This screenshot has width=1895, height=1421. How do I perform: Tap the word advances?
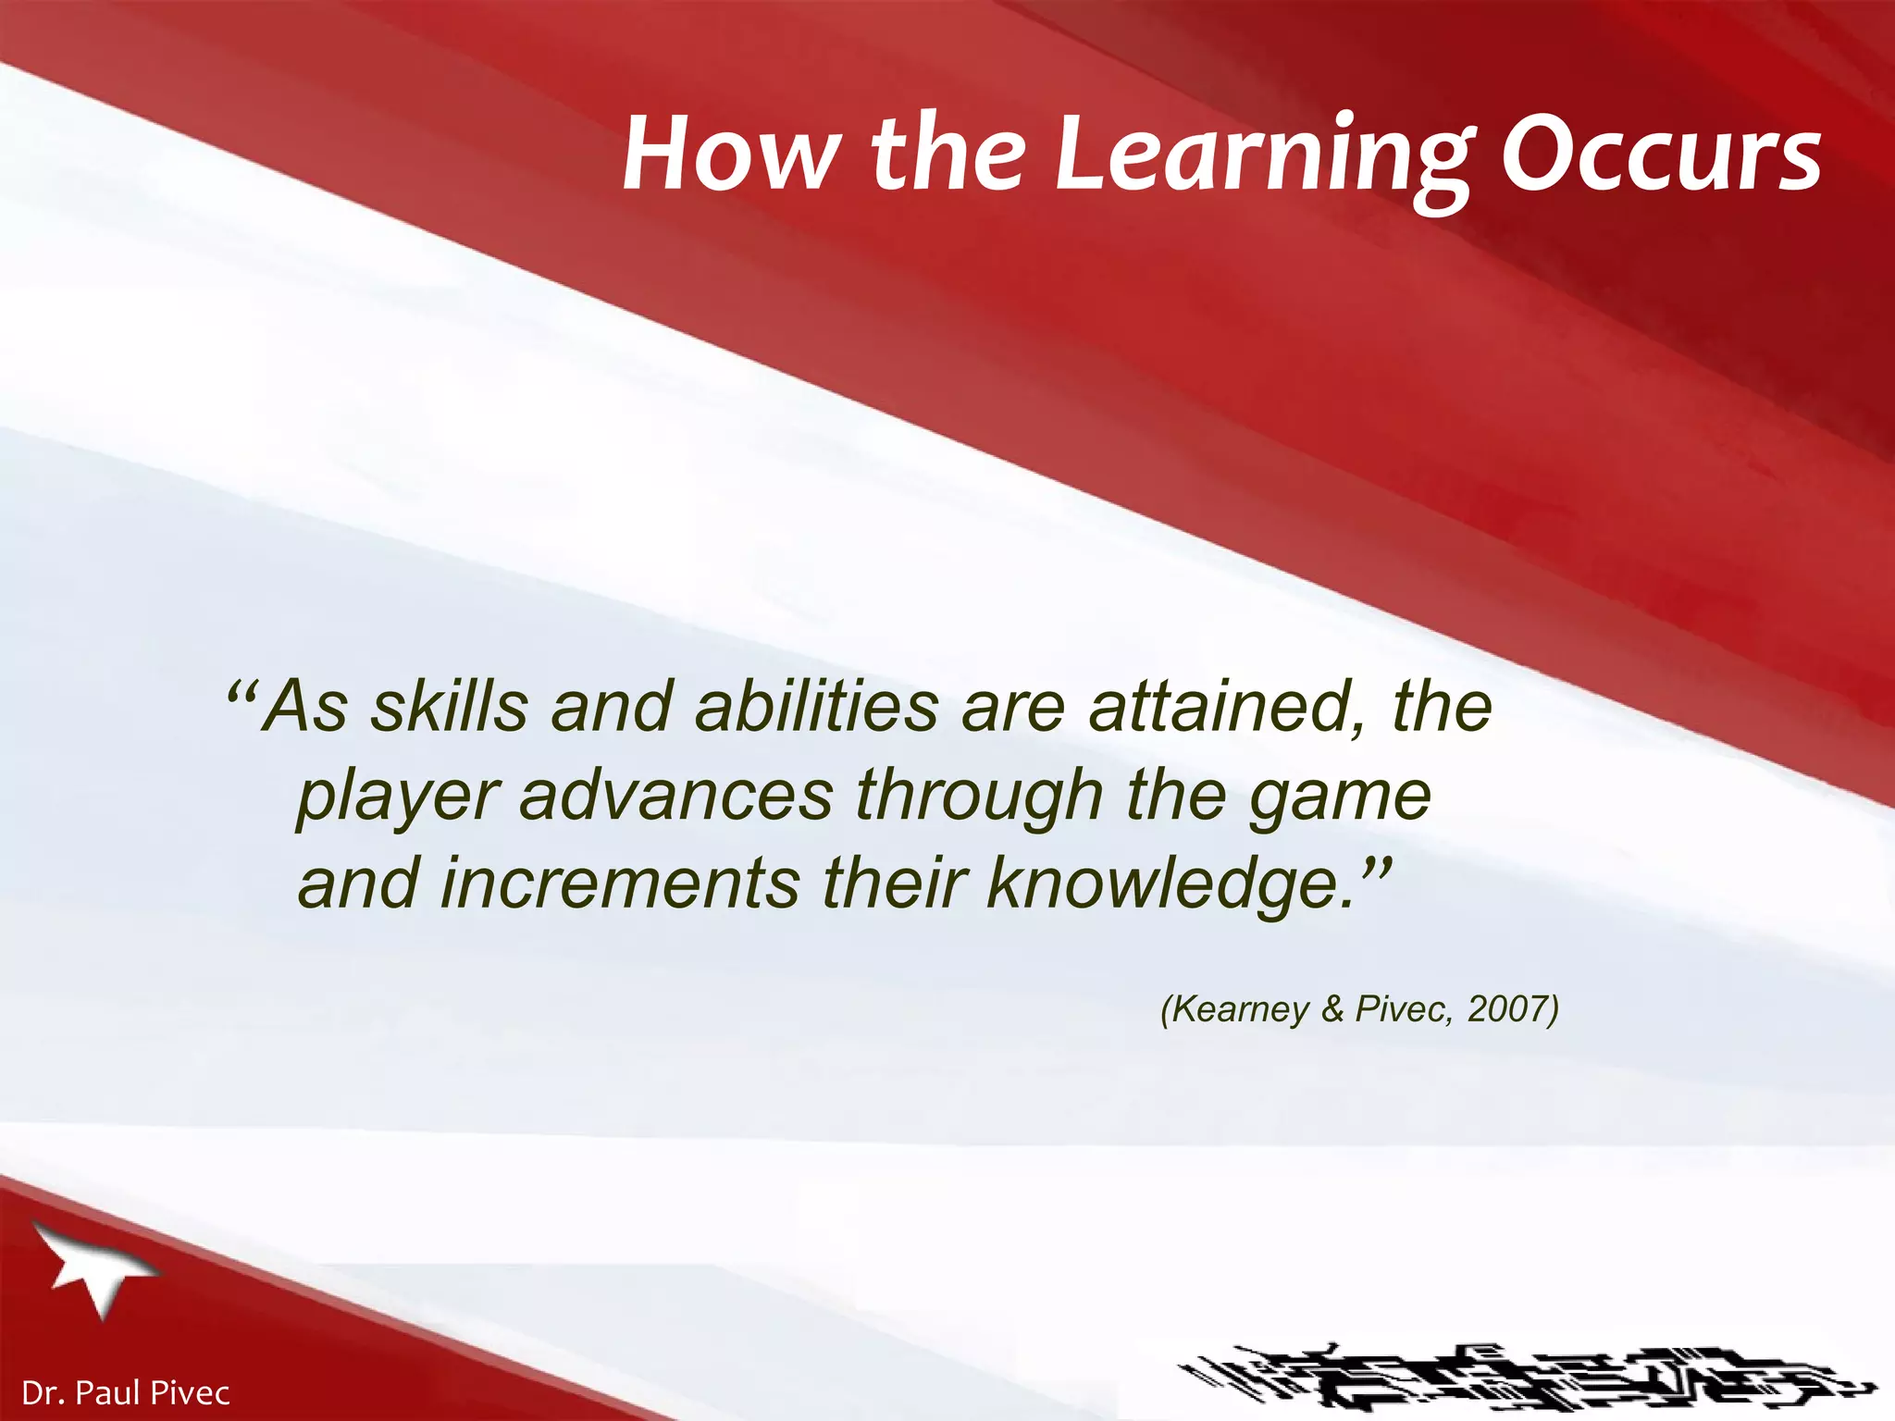[676, 796]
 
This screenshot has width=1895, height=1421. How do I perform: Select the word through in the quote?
[980, 796]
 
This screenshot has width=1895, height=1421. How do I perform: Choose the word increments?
[620, 883]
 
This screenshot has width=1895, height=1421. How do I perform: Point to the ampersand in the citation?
[1332, 1008]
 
